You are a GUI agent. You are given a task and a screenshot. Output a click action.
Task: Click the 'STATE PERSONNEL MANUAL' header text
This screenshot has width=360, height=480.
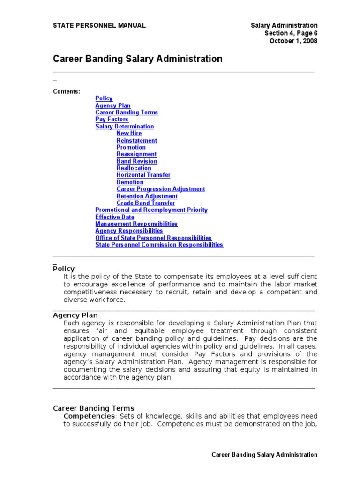pyautogui.click(x=99, y=25)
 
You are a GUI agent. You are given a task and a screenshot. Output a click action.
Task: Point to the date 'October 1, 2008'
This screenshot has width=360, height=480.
pyautogui.click(x=293, y=41)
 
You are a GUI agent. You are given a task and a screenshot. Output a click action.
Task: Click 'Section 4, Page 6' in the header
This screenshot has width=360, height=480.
pyautogui.click(x=291, y=33)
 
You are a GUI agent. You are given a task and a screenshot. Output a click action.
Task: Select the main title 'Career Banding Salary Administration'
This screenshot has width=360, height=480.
pyautogui.click(x=137, y=59)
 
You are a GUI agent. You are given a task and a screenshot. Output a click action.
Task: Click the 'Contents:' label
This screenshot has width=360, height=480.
pyautogui.click(x=66, y=91)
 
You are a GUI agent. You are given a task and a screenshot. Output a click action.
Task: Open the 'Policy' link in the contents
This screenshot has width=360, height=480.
pyautogui.click(x=104, y=98)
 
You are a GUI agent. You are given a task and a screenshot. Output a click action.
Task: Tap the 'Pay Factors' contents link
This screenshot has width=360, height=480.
pyautogui.click(x=112, y=120)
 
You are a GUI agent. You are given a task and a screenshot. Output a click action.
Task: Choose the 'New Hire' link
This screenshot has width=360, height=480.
pyautogui.click(x=129, y=133)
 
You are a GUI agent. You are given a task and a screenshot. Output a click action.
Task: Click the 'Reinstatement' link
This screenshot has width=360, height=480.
pyautogui.click(x=136, y=140)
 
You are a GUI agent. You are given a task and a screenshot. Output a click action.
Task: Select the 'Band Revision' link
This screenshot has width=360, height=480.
pyautogui.click(x=137, y=161)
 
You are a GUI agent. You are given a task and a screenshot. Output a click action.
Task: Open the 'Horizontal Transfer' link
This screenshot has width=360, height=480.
pyautogui.click(x=143, y=175)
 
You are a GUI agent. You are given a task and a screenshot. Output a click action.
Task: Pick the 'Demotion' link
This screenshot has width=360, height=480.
pyautogui.click(x=130, y=182)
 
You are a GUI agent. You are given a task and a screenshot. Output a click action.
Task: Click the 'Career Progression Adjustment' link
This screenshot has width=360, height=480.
pyautogui.click(x=161, y=189)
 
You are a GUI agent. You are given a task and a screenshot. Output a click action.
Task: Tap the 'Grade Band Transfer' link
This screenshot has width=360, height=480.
pyautogui.click(x=146, y=203)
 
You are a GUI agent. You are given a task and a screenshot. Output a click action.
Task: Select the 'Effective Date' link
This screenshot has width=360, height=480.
pyautogui.click(x=114, y=217)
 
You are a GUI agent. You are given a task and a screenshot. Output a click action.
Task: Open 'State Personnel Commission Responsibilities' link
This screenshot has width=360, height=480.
pyautogui.click(x=159, y=245)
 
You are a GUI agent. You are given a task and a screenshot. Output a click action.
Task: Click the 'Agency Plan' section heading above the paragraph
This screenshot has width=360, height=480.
pyautogui.click(x=75, y=315)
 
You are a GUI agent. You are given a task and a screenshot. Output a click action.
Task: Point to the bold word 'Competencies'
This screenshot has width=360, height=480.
pyautogui.click(x=89, y=416)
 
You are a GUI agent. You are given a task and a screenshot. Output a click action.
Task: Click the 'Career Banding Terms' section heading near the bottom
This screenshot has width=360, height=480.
pyautogui.click(x=93, y=408)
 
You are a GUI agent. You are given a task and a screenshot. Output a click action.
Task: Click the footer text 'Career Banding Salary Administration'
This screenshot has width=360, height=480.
pyautogui.click(x=264, y=455)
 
